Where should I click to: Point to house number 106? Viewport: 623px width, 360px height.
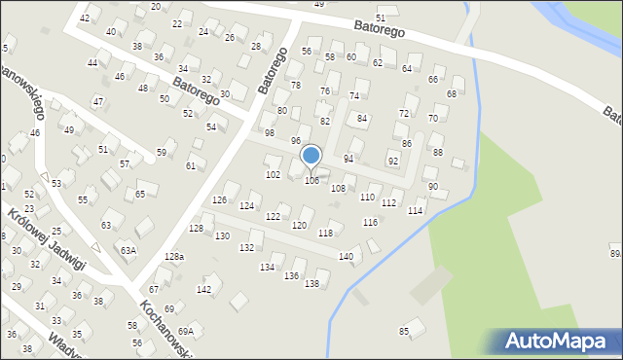tap(311, 181)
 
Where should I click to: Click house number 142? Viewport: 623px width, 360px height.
tap(203, 289)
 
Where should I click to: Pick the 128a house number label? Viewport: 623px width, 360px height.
tap(173, 256)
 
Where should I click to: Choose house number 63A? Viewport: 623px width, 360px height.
tap(128, 250)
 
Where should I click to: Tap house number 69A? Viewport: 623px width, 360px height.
tap(186, 331)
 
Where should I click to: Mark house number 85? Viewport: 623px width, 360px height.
tap(404, 332)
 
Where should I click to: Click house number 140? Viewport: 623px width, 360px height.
tap(346, 256)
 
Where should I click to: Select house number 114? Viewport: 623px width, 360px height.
tap(416, 211)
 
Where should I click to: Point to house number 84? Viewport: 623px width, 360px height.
tap(362, 118)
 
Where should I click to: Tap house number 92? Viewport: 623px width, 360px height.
tap(393, 161)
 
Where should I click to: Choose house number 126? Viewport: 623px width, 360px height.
tap(220, 199)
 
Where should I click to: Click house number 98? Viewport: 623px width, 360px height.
tap(270, 132)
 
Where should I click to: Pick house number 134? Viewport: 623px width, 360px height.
tap(267, 267)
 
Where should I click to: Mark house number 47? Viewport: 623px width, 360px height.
tap(98, 101)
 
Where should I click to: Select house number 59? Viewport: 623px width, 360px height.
tap(162, 153)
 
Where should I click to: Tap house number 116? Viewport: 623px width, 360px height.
tap(370, 223)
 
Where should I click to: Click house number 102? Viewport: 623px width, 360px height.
tap(274, 174)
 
